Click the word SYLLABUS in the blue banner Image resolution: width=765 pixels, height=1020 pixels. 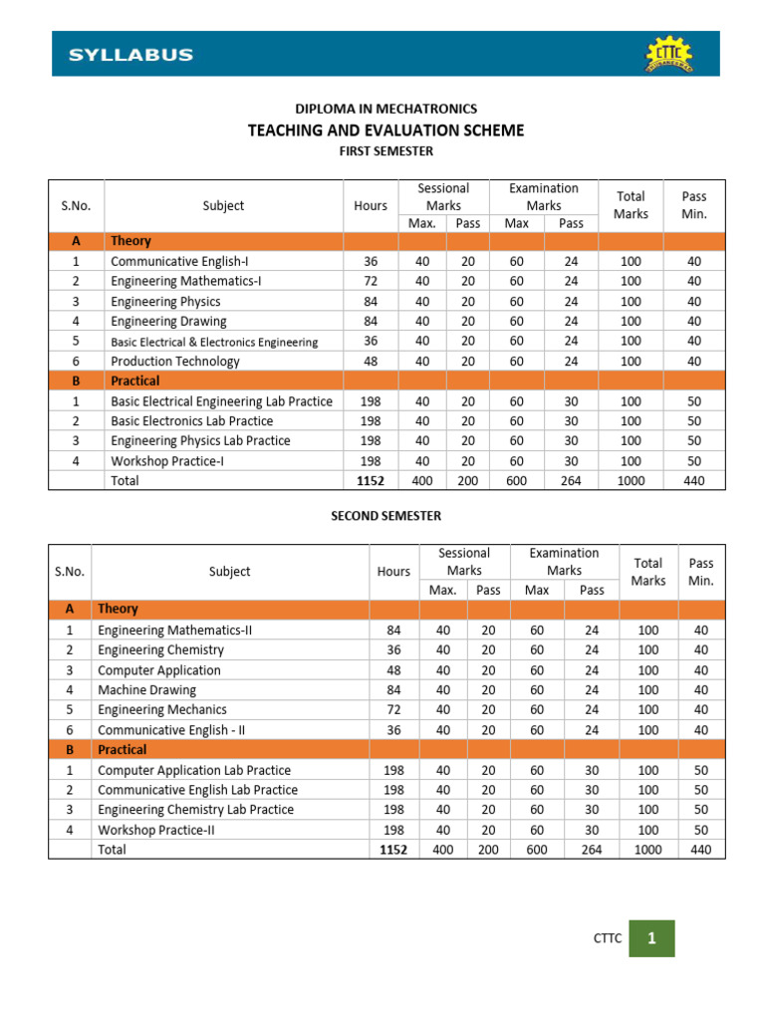point(130,55)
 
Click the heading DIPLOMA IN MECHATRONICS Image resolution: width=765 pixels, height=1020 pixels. point(385,109)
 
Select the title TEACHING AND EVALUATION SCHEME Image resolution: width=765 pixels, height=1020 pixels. point(385,130)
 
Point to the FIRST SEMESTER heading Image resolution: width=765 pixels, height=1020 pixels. point(385,151)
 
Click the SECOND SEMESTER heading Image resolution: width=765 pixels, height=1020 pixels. point(385,516)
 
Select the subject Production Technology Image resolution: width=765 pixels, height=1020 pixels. point(175,362)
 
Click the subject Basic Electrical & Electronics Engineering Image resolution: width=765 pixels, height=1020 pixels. point(214,342)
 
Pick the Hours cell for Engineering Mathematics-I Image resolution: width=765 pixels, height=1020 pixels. point(371,281)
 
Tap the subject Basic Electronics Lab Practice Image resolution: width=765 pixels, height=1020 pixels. point(191,421)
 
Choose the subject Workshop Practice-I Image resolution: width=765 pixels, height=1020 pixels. point(168,461)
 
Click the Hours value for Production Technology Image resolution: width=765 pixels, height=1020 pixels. point(371,362)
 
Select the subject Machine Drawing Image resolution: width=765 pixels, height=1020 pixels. point(146,689)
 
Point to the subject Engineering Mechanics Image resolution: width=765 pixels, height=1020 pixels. point(162,709)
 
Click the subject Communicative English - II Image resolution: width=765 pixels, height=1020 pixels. point(171,729)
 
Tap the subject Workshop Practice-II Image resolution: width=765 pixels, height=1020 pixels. point(157,830)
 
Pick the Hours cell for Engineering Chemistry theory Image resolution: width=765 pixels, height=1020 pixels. point(393,649)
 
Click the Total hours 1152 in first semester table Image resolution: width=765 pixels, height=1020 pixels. point(371,481)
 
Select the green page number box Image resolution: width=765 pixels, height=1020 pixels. point(651,938)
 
